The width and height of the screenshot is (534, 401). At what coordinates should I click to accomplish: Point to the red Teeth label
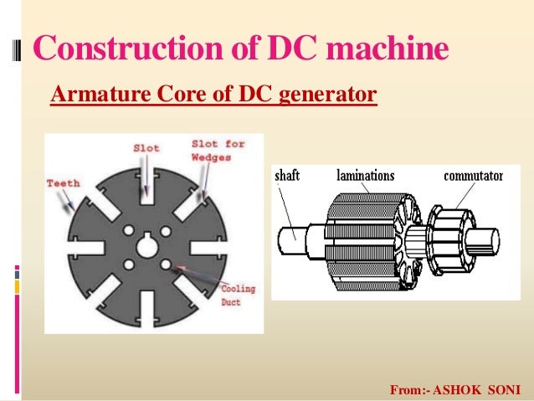pyautogui.click(x=63, y=182)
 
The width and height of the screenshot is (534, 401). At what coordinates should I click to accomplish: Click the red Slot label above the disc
pyautogui.click(x=146, y=147)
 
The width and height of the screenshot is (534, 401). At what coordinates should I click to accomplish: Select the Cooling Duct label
pyautogui.click(x=237, y=296)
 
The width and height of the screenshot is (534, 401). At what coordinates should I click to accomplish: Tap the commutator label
pyautogui.click(x=473, y=177)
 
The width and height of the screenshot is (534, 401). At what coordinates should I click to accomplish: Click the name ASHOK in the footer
pyautogui.click(x=463, y=390)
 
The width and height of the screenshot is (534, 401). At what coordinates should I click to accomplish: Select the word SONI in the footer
pyautogui.click(x=506, y=390)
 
